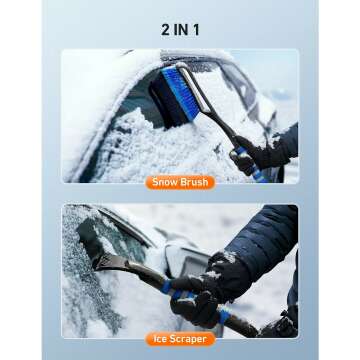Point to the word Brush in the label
(x=194, y=183)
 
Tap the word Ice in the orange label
(x=160, y=339)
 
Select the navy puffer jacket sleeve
(x=265, y=240)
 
